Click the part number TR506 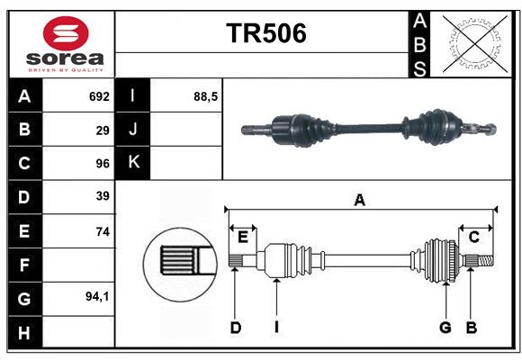pos(265,33)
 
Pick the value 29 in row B pos(103,130)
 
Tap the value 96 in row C pos(103,164)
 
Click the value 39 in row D pos(103,196)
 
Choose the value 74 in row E pos(103,231)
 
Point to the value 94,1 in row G pos(97,296)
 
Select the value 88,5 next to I pos(206,96)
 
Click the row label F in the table pos(24,265)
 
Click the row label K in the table pos(133,163)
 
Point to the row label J pos(133,130)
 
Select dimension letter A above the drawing pos(360,201)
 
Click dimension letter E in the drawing pos(243,237)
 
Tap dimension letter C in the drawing pos(473,237)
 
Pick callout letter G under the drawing pos(445,328)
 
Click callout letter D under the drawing pos(235,328)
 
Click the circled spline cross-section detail pos(180,261)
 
